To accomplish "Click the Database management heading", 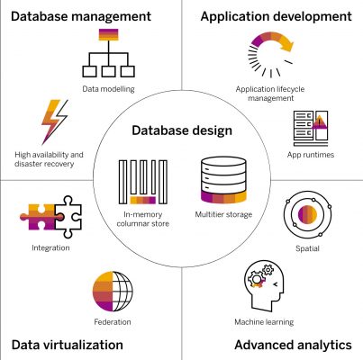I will click(x=80, y=16).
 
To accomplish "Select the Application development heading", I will click(x=276, y=16).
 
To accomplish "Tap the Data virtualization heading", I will click(x=68, y=345).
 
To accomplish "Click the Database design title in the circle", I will click(x=182, y=131).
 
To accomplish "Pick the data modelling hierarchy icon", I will click(x=107, y=56).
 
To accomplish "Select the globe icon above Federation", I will click(x=112, y=292).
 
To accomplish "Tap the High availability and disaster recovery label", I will click(x=52, y=159).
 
